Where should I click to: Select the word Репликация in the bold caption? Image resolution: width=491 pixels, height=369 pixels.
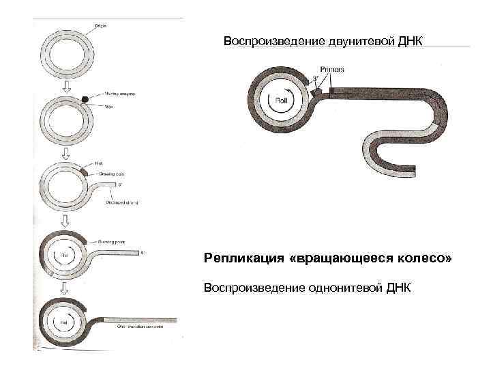click(239, 260)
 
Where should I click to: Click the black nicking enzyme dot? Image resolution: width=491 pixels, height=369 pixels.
click(85, 99)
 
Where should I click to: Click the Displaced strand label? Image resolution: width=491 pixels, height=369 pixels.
click(122, 203)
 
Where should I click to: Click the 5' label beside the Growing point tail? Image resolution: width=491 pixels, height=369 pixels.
click(143, 253)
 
